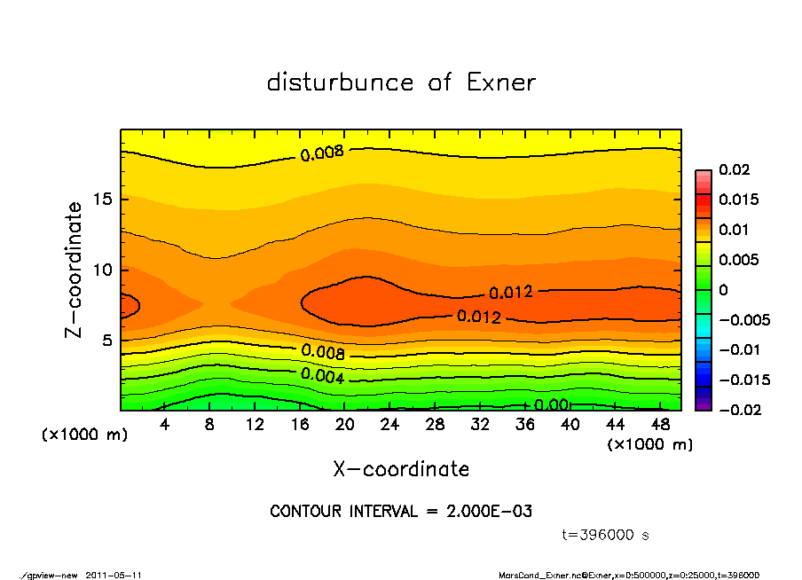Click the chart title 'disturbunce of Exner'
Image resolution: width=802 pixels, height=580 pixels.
401,82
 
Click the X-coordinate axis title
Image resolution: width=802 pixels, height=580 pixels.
401,469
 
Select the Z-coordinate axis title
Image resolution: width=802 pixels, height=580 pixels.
75,270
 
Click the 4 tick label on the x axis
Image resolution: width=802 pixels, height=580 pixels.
165,425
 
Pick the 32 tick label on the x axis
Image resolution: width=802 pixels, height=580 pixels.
481,425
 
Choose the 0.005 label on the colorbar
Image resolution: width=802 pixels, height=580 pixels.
738,260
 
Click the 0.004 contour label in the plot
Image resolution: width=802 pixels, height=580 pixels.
321,374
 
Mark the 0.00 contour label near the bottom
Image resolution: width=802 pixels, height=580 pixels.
552,405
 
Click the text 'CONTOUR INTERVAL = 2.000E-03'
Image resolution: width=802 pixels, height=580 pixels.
401,512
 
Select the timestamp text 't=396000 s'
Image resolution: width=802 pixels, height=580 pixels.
606,535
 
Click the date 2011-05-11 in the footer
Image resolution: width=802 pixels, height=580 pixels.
114,575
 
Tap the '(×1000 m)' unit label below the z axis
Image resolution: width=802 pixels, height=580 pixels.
81,435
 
